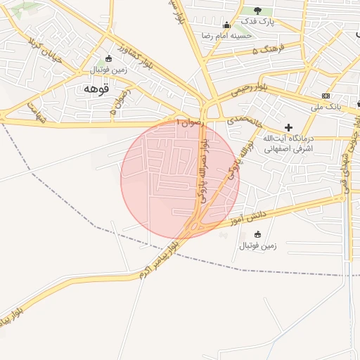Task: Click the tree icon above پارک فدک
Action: tap(257, 11)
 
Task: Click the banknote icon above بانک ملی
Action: tap(326, 96)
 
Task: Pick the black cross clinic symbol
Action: tap(288, 127)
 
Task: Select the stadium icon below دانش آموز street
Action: tap(257, 234)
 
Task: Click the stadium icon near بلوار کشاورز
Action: tap(108, 59)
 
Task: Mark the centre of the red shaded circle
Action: tap(180, 180)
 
